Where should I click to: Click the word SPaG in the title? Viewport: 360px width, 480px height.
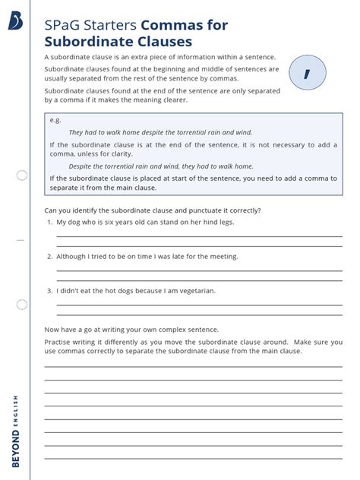[63, 26]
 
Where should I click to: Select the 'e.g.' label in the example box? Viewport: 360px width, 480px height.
[55, 120]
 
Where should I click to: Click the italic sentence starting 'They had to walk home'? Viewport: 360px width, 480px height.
[160, 131]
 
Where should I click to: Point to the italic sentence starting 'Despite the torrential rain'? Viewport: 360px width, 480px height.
[161, 166]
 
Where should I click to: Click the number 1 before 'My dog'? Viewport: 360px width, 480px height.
[49, 222]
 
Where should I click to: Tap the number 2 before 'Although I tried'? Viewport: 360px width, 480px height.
[49, 256]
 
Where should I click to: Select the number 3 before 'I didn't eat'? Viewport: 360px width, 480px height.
[49, 290]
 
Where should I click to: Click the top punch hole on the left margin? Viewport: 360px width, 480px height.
[22, 175]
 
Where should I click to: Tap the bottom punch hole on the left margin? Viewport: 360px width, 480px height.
[22, 304]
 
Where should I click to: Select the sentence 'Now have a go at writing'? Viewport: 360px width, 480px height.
[131, 330]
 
